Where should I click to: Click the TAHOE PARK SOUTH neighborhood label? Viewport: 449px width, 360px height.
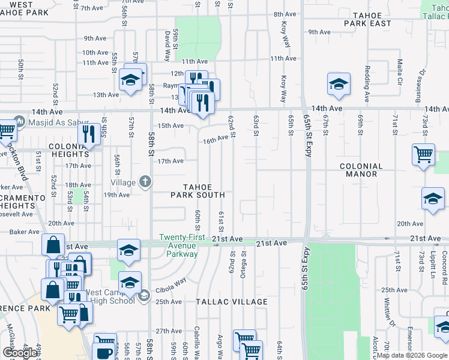197,190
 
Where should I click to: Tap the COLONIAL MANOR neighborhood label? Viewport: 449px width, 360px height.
361,170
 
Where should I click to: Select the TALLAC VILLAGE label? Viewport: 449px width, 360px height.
232,302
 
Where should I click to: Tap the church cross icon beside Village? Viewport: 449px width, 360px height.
145,181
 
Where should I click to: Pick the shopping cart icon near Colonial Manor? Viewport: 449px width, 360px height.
423,155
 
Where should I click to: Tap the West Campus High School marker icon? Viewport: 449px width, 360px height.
144,295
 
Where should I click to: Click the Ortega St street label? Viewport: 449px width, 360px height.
244,261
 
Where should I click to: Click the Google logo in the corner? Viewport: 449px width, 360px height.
20,353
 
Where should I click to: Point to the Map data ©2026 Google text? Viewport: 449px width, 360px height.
412,355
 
